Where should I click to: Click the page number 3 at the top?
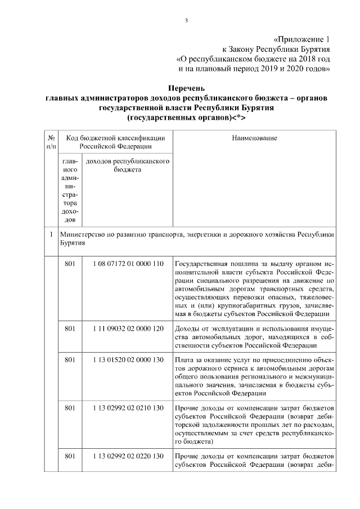point(186,21)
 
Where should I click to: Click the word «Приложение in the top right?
point(296,40)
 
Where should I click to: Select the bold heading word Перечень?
point(186,88)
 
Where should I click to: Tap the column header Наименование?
point(254,137)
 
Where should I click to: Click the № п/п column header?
point(51,142)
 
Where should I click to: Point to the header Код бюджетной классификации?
point(115,137)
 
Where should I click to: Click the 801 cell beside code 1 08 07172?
point(70,264)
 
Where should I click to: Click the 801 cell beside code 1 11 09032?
point(70,327)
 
